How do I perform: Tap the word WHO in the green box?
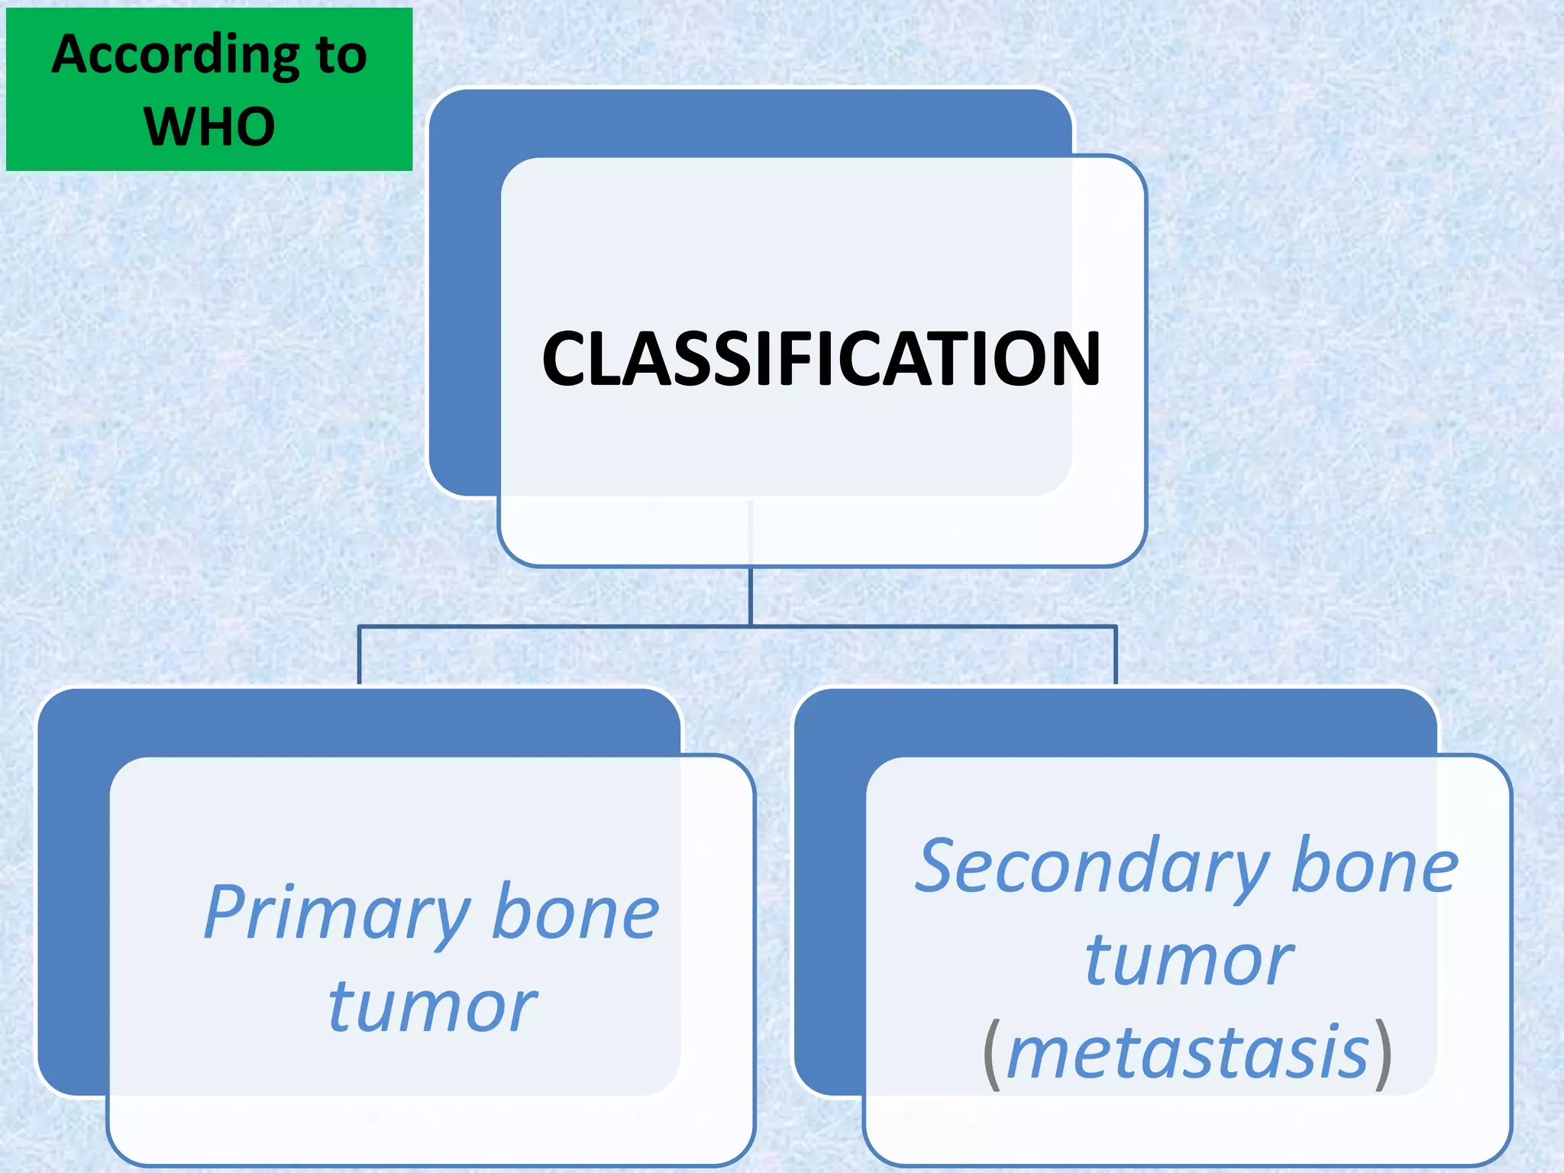click(209, 127)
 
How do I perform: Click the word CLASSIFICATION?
click(821, 358)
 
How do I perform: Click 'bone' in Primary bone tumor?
click(575, 913)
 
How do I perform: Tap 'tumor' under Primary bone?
click(432, 1007)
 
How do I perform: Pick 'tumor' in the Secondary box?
click(1189, 961)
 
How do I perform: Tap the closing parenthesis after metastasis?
click(1383, 1054)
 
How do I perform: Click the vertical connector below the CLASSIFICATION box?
click(751, 596)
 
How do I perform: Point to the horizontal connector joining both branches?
click(916, 626)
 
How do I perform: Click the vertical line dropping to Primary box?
click(360, 655)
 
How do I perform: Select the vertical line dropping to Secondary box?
click(1116, 655)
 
